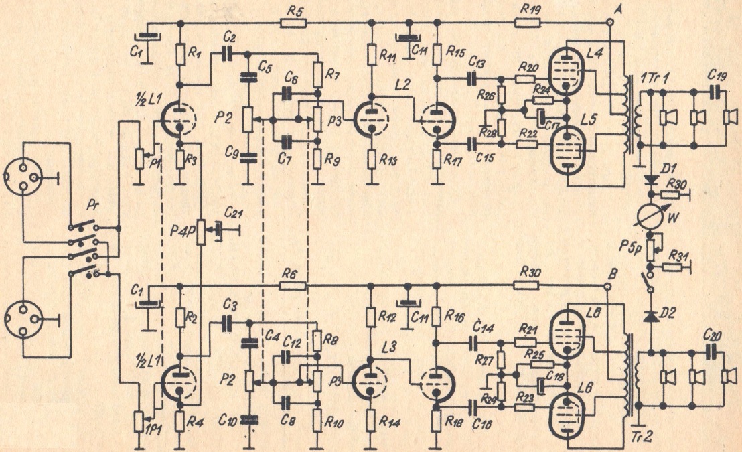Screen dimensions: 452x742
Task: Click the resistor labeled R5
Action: [291, 23]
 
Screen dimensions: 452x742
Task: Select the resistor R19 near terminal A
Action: [526, 23]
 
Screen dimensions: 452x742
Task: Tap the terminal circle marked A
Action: [610, 22]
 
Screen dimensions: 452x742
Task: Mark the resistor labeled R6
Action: [291, 286]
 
